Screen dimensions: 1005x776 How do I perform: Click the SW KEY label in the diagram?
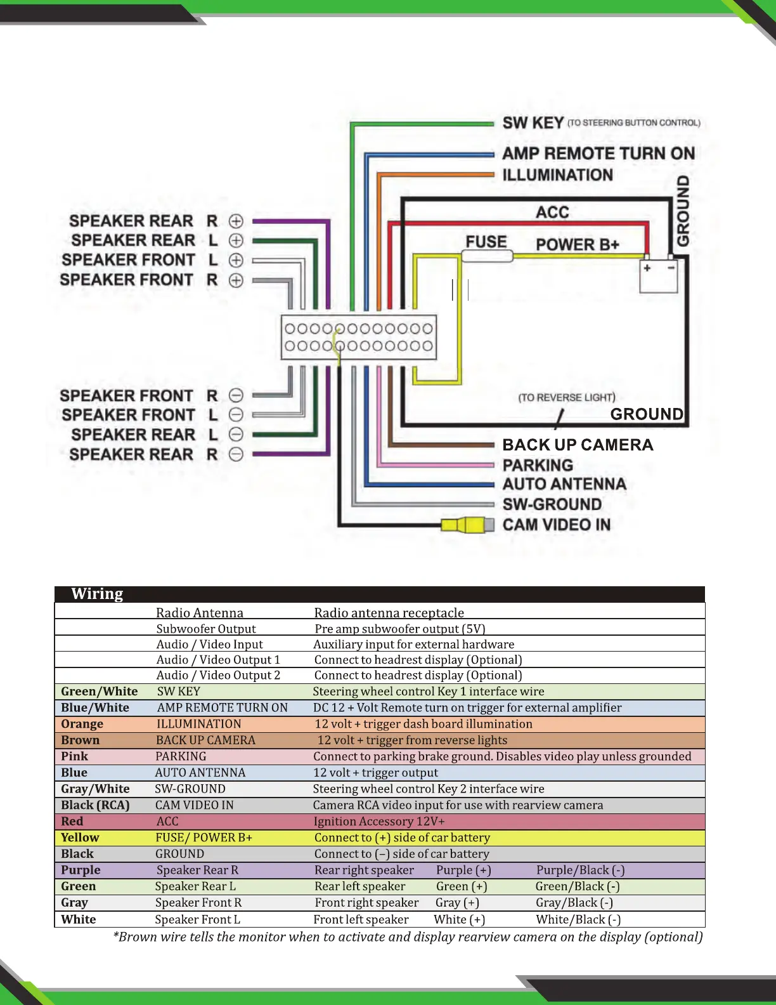533,122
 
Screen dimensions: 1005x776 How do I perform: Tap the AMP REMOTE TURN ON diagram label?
598,154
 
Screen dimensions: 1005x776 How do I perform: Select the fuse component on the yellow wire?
487,256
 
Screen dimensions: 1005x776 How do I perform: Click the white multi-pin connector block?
359,338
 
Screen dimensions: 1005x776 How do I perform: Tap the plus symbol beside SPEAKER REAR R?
236,221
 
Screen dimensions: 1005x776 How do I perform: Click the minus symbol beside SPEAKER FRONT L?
236,415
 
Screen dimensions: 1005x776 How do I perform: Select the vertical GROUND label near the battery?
683,211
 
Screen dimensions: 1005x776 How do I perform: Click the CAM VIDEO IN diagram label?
556,525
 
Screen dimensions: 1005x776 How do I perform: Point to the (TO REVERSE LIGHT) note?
566,397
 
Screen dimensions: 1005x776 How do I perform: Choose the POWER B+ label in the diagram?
577,244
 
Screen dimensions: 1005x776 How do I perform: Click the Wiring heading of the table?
97,594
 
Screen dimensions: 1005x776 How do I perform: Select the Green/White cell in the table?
100,692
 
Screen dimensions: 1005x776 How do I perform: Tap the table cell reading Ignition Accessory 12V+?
379,821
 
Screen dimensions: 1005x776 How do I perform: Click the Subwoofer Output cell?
206,629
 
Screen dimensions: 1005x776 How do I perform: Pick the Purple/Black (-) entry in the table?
580,870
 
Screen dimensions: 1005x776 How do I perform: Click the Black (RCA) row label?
95,805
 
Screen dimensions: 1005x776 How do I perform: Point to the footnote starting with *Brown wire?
408,937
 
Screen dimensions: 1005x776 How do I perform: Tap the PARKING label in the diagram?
538,465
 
